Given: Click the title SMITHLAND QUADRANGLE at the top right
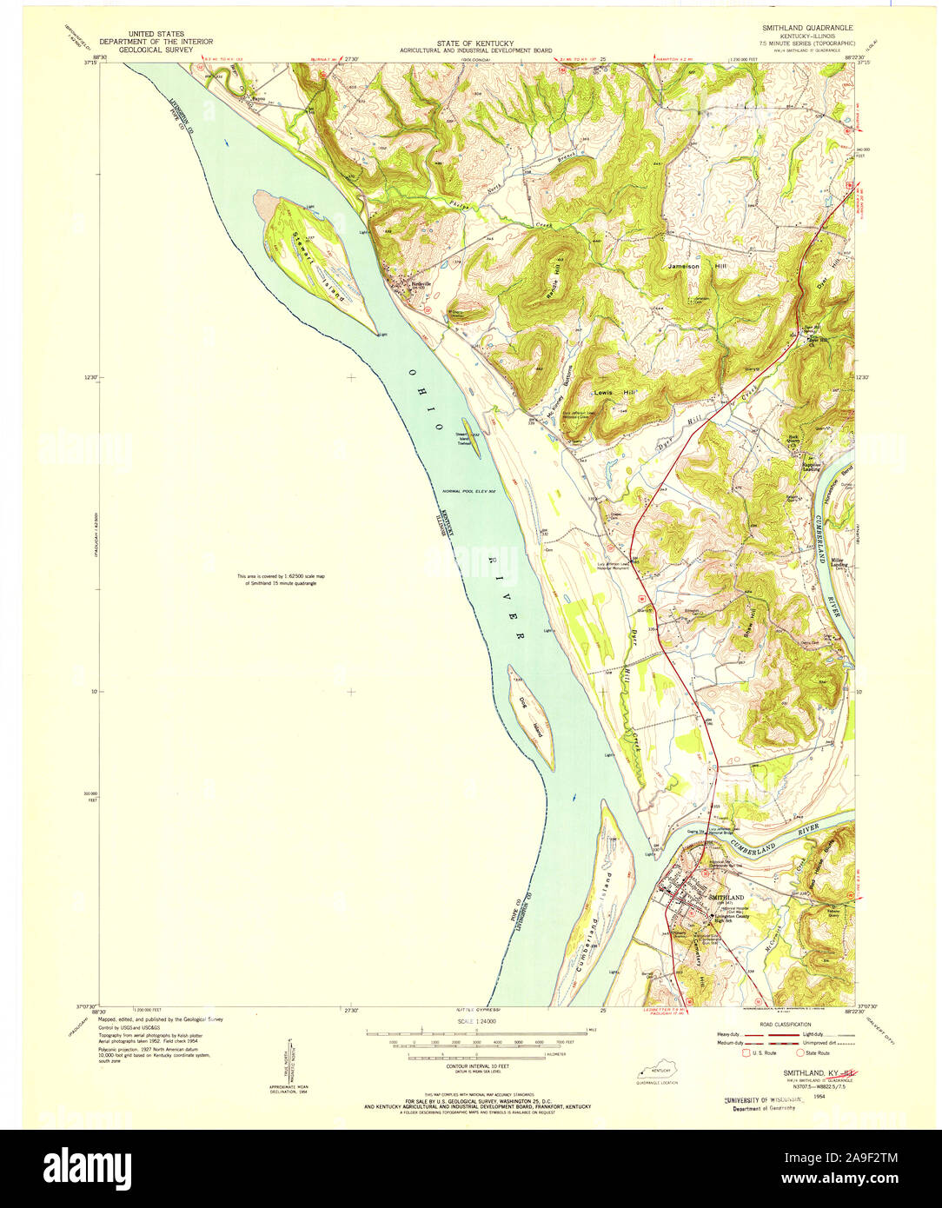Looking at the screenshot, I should [x=808, y=27].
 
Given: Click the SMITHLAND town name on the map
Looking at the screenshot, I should [x=726, y=896].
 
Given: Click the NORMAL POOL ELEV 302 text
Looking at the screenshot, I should [x=468, y=491].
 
